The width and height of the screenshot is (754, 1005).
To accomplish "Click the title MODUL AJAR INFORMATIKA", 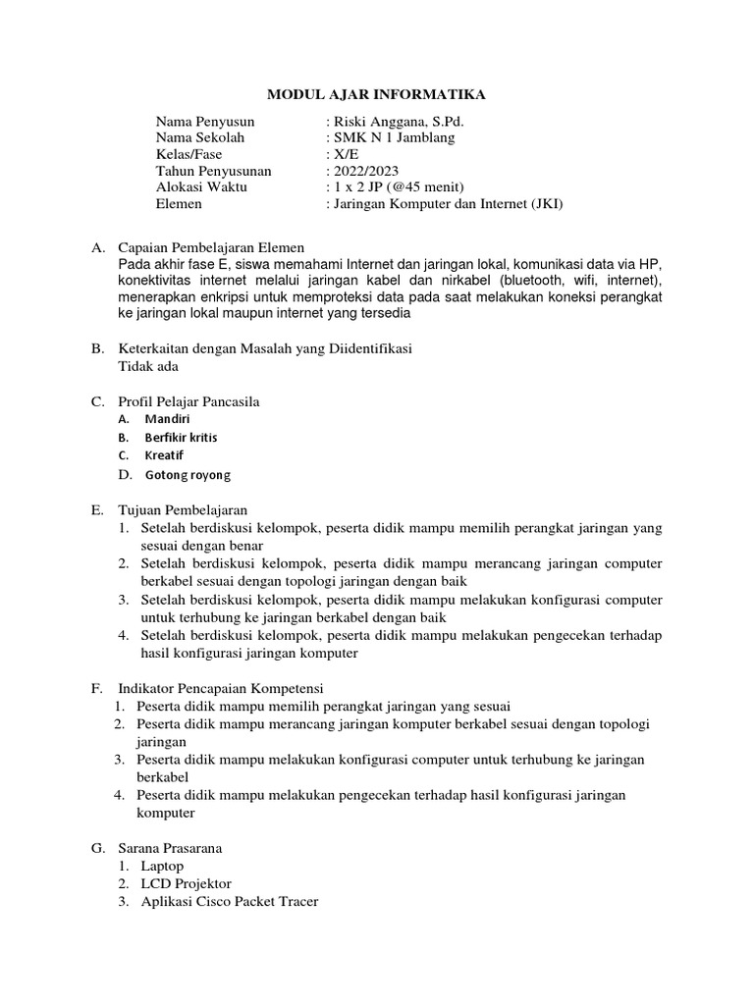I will [x=377, y=95].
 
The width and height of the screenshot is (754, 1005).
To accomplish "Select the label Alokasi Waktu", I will [x=201, y=187].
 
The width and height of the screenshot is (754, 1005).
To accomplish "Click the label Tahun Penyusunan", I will [x=213, y=171].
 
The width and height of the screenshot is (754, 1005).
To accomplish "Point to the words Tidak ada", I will [x=148, y=366].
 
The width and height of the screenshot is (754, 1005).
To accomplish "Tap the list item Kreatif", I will [x=165, y=456].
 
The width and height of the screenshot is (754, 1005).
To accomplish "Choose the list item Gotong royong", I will [x=188, y=475].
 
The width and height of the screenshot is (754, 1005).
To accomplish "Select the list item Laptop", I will [x=161, y=867].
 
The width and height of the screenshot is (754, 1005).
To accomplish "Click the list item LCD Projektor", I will [x=185, y=883].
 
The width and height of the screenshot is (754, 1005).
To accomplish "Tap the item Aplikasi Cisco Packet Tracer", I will [x=228, y=901].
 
